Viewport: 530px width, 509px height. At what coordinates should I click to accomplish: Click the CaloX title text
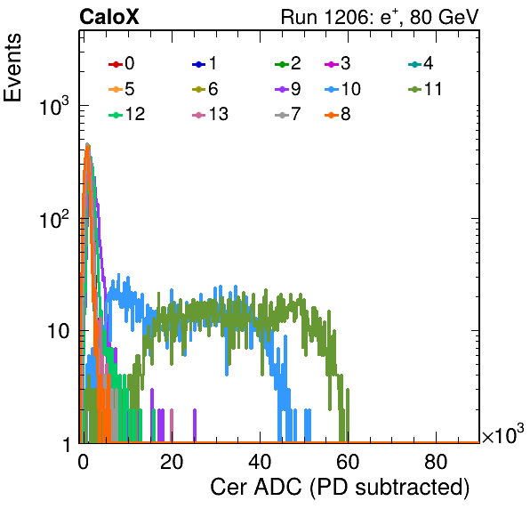point(109,17)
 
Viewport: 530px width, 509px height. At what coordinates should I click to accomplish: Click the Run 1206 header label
point(380,17)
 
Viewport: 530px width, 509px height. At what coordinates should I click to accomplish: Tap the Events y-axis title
point(12,68)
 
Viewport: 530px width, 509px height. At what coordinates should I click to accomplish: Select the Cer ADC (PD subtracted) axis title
point(340,488)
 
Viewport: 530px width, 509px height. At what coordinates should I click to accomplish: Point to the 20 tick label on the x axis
point(172,462)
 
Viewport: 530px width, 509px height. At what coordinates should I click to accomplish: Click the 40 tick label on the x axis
point(260,462)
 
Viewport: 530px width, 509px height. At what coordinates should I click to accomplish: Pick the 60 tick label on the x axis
point(348,462)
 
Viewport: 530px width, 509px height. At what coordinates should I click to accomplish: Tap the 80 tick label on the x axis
point(436,462)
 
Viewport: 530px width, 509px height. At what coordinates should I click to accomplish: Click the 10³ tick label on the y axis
point(54,106)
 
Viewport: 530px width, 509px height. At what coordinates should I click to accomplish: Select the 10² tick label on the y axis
point(54,219)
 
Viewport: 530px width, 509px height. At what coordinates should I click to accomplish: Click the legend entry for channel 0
point(121,63)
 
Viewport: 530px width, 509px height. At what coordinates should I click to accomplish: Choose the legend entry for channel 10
point(342,89)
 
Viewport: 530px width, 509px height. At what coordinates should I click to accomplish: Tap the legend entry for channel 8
point(337,115)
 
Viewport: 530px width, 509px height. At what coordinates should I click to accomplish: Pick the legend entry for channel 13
point(210,115)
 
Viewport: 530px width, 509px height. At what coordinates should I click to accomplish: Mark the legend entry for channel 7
point(287,115)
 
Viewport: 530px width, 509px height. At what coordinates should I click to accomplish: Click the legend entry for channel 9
point(287,89)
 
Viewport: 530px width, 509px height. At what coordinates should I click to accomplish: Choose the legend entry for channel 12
point(127,115)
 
